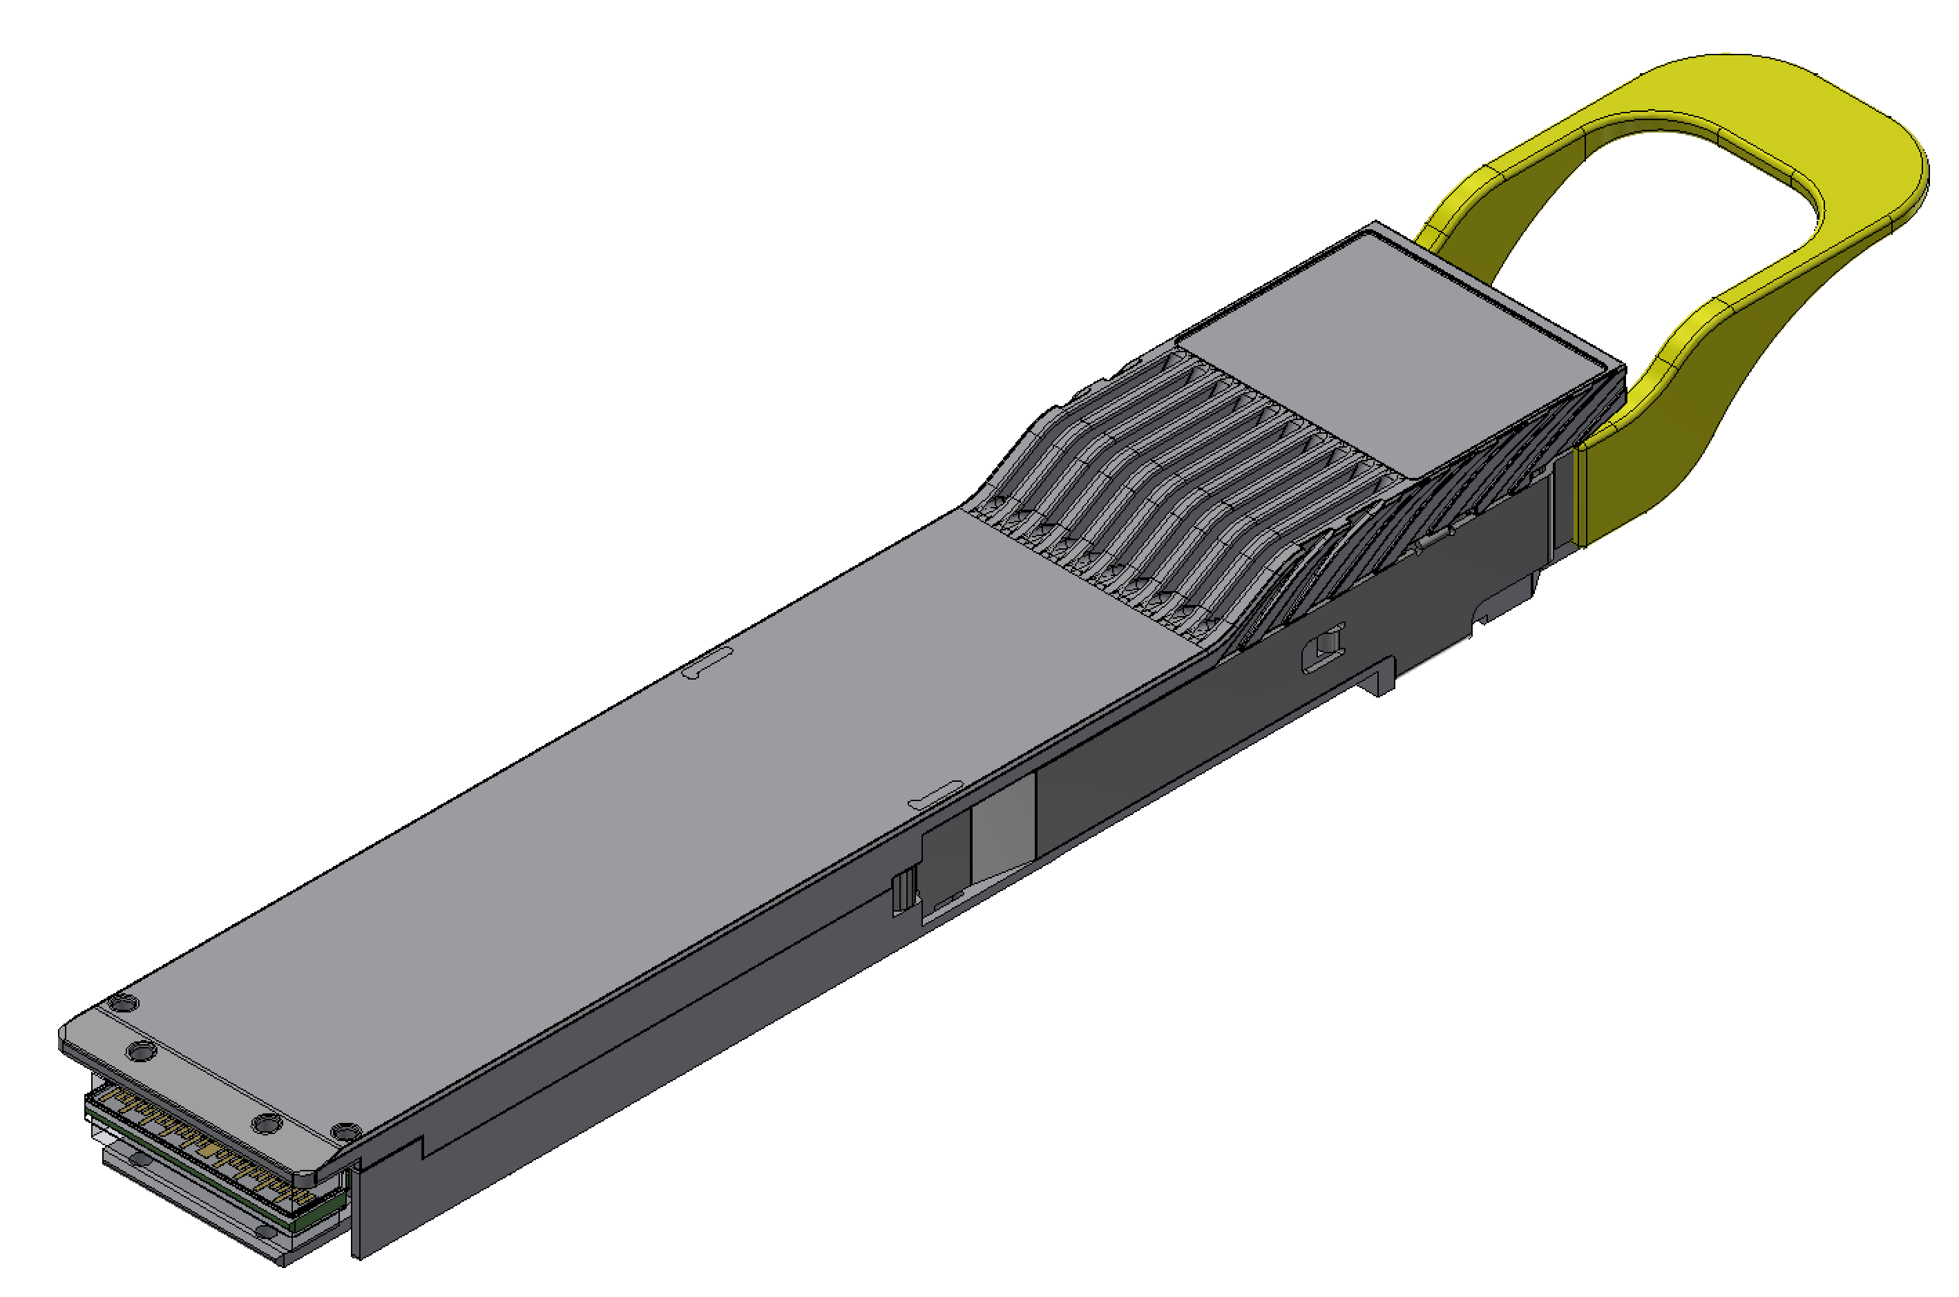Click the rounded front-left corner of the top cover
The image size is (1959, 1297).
pos(66,1038)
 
